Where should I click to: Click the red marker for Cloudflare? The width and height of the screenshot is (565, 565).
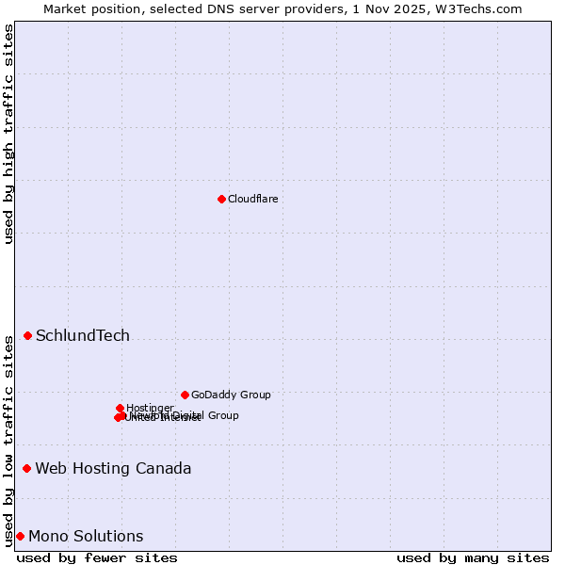point(221,199)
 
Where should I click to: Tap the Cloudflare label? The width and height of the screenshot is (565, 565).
point(252,199)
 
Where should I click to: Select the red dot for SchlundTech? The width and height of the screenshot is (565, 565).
point(27,335)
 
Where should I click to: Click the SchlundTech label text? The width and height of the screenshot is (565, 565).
point(83,336)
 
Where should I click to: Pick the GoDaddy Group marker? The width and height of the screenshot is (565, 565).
point(185,395)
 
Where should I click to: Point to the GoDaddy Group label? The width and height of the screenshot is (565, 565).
point(231,395)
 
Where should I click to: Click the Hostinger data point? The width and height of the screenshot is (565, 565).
point(120,408)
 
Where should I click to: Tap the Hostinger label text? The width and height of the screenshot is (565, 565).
point(150,408)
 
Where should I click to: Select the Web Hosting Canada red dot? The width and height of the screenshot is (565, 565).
point(26,468)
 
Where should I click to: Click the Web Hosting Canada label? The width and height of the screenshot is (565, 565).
point(113,469)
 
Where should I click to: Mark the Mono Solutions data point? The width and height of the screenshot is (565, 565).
point(20,536)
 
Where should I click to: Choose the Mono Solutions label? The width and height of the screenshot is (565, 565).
point(86,537)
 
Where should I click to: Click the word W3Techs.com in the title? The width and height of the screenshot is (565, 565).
point(482,9)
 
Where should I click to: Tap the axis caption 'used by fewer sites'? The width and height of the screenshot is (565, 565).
point(97,557)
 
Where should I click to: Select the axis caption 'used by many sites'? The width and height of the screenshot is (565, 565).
point(473,557)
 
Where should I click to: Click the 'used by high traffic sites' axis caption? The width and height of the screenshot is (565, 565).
point(8,134)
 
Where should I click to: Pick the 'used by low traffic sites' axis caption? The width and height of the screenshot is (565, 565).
point(8,441)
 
